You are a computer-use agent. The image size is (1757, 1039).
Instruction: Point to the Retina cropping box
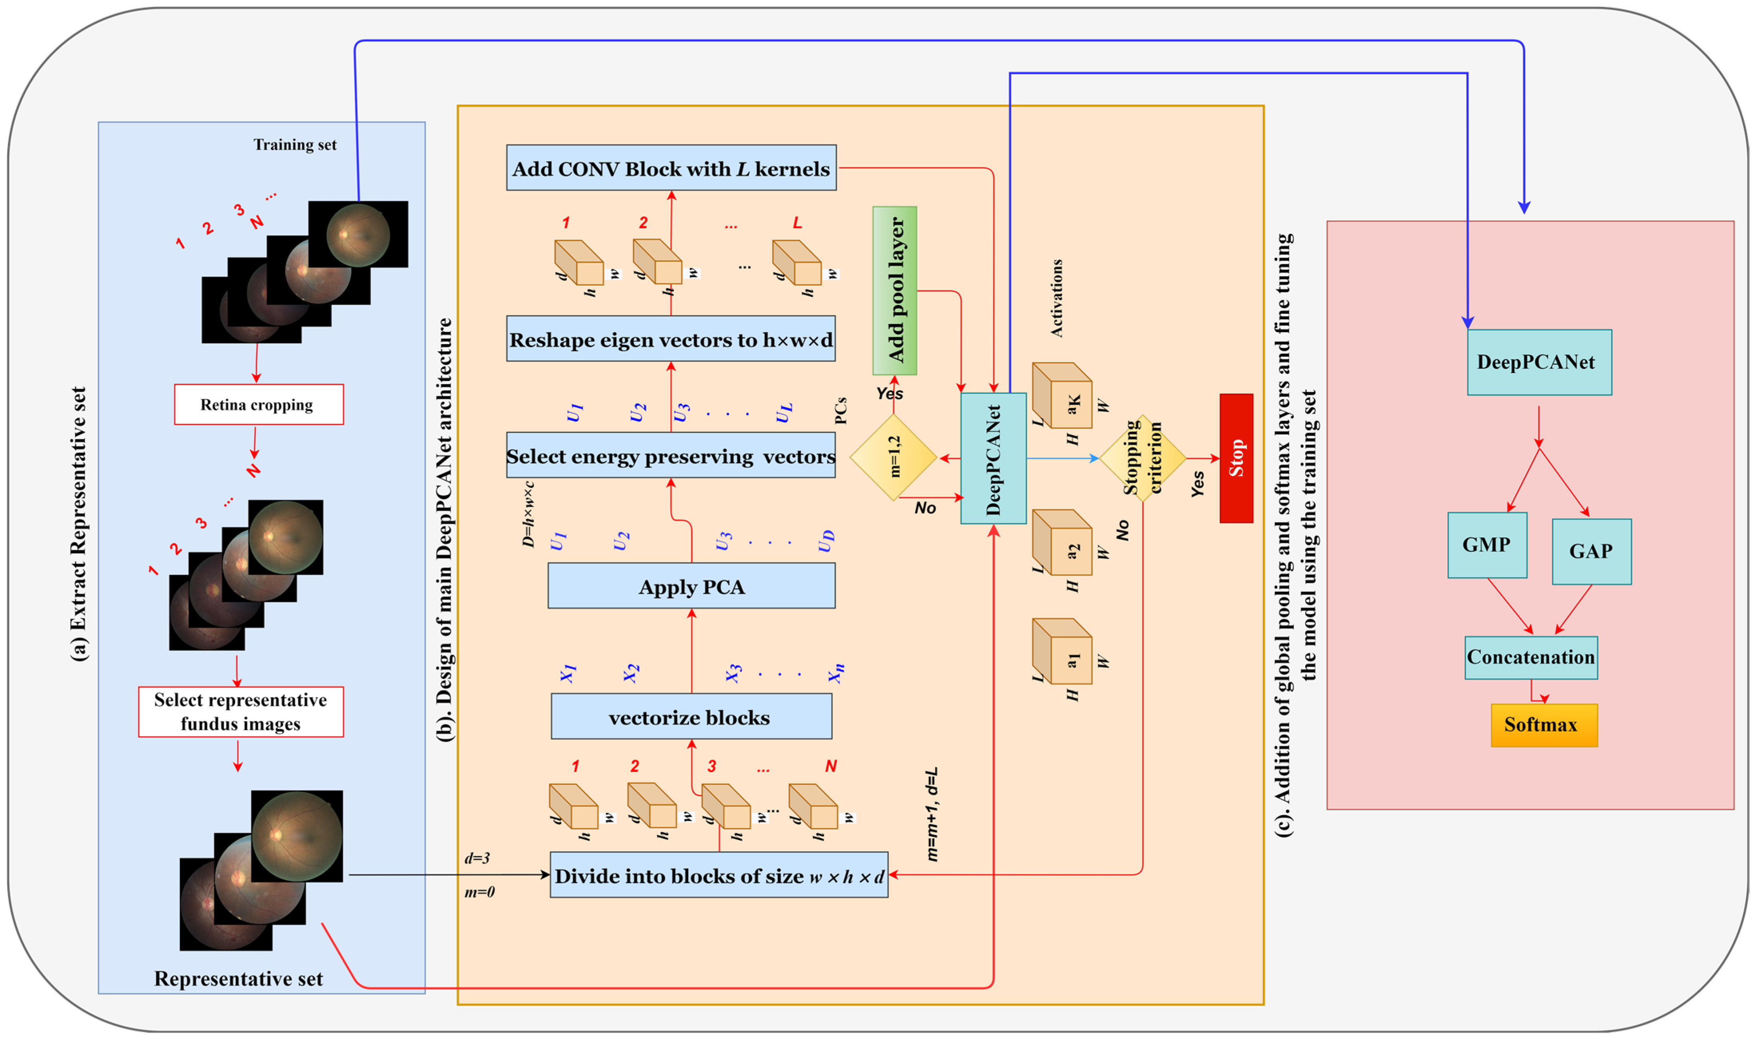259,405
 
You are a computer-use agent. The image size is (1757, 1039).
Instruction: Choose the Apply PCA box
691,586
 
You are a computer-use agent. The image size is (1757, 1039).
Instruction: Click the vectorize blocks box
691,717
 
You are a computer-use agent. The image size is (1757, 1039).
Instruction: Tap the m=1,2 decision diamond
894,458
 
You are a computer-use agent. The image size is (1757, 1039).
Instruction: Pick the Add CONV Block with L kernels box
671,168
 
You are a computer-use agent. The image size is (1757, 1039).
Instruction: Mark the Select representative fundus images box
241,712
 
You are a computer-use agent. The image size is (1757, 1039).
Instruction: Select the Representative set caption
239,979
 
